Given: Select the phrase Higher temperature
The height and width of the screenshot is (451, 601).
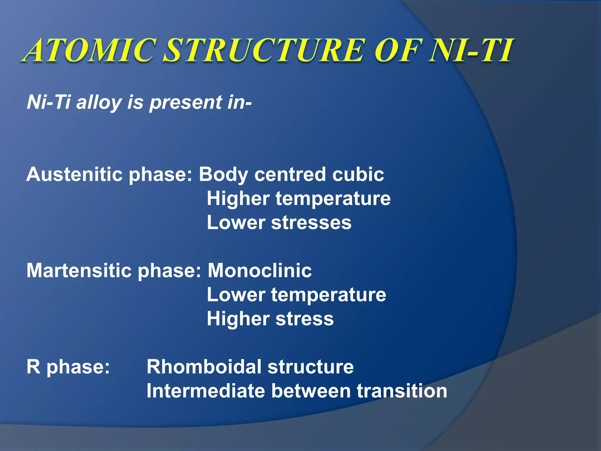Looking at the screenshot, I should point(298,198).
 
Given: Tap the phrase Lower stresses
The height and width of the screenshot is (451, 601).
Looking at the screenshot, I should point(279,223).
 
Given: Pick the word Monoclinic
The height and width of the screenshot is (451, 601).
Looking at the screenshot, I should point(260,270).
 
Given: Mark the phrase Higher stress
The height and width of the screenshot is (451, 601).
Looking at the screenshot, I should point(270,319).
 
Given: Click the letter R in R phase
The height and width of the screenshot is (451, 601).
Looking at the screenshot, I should point(33,367).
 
